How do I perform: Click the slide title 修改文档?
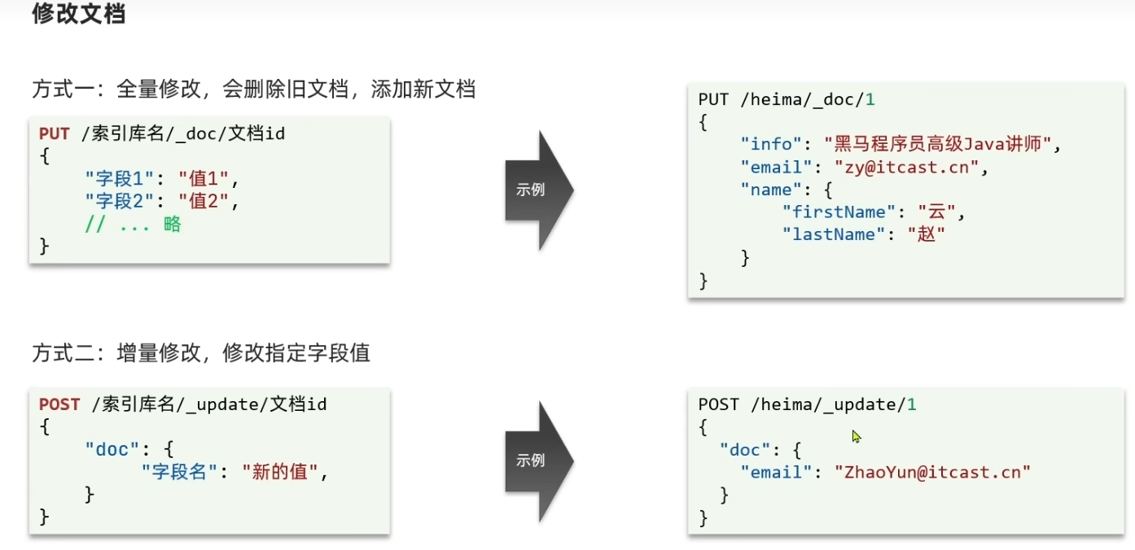pyautogui.click(x=78, y=14)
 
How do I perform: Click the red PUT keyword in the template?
pyautogui.click(x=54, y=133)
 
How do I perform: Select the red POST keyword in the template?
pyautogui.click(x=59, y=404)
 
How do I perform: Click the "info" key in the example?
pyautogui.click(x=770, y=145)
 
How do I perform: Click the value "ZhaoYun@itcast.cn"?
pyautogui.click(x=932, y=472)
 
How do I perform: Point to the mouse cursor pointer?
pyautogui.click(x=856, y=437)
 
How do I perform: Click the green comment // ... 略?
pyautogui.click(x=133, y=225)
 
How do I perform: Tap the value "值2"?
pyautogui.click(x=204, y=202)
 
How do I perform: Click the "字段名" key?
pyautogui.click(x=179, y=472)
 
